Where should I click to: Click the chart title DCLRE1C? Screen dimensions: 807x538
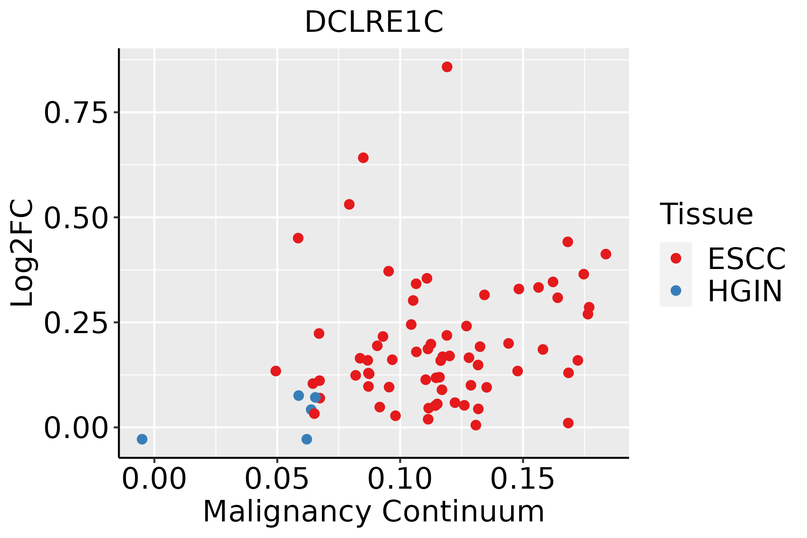[x=374, y=22]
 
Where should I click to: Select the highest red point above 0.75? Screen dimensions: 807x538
[x=447, y=67]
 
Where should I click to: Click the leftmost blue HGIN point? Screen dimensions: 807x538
[x=142, y=439]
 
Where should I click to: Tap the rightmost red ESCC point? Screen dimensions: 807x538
[x=606, y=254]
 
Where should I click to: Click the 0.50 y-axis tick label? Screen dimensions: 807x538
[x=76, y=218]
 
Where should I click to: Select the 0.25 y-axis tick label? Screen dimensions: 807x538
[x=76, y=323]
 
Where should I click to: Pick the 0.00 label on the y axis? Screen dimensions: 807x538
[x=76, y=428]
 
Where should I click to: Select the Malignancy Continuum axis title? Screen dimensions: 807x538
[x=373, y=512]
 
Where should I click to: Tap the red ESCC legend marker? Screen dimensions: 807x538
[x=676, y=258]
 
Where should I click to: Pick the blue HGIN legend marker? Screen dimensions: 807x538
[x=676, y=291]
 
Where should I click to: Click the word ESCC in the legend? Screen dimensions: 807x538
[x=746, y=258]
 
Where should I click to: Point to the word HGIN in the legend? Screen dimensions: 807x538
[x=745, y=291]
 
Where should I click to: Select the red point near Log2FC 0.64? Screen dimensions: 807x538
[x=363, y=158]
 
